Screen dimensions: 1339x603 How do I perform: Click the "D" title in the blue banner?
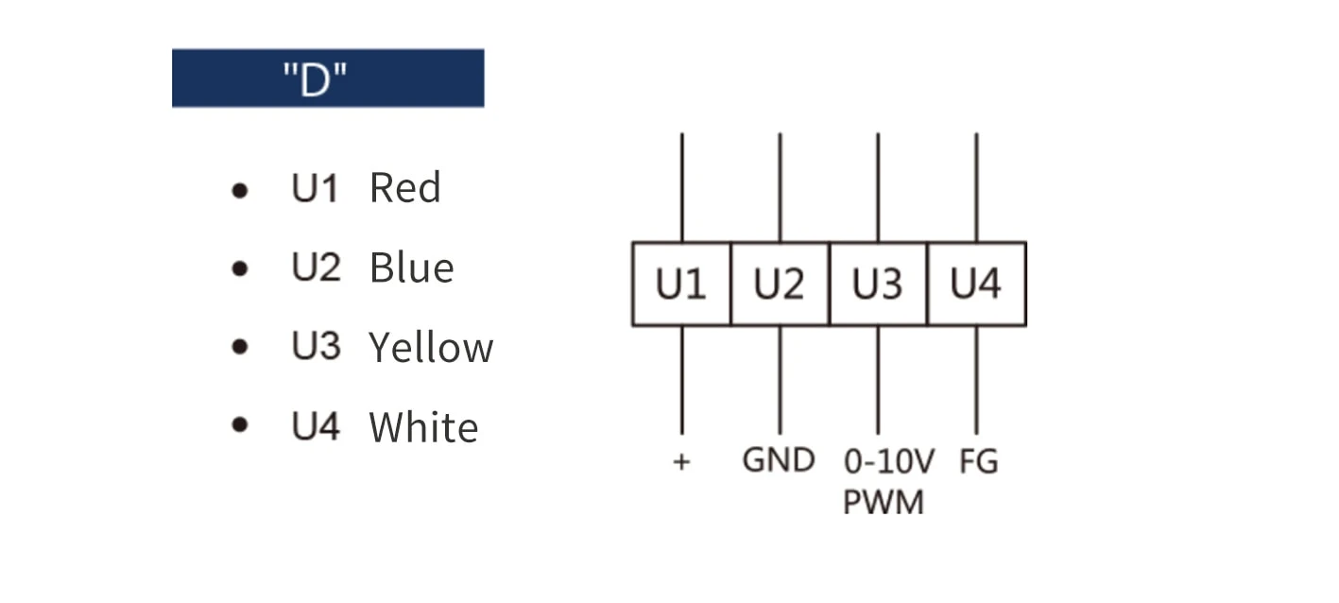click(315, 78)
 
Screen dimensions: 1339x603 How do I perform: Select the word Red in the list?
click(405, 188)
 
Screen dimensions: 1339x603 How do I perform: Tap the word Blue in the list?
click(412, 267)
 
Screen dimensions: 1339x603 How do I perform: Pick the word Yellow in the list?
click(431, 347)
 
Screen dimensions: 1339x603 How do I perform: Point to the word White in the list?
click(424, 426)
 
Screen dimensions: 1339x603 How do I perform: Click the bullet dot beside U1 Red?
click(240, 191)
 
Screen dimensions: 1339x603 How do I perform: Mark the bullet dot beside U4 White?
click(240, 425)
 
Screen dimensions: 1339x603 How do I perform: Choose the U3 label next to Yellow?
click(317, 345)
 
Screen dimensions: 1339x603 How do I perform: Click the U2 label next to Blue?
click(317, 267)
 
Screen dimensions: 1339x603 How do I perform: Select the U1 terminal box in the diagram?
click(681, 284)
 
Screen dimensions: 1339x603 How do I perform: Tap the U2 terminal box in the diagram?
click(781, 284)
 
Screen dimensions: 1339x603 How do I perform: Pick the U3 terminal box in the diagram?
click(878, 284)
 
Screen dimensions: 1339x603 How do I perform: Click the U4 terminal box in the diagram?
click(977, 284)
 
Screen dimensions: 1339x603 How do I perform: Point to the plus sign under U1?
click(682, 462)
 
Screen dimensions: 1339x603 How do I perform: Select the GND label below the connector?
click(779, 460)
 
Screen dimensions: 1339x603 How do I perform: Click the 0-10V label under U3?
click(889, 462)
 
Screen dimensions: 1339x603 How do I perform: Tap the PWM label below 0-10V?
click(884, 502)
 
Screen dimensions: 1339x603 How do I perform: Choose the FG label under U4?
click(979, 462)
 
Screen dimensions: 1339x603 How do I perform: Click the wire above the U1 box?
click(682, 188)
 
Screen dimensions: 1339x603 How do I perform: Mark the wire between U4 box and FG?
click(977, 380)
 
